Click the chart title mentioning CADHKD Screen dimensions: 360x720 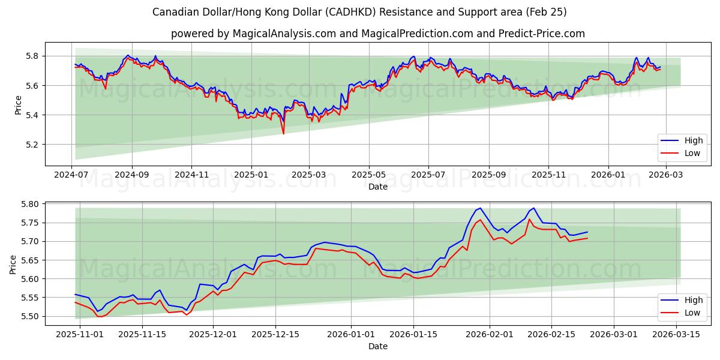(x=359, y=12)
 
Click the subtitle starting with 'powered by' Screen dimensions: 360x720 (x=377, y=34)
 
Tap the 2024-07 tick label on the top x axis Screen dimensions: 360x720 (x=72, y=175)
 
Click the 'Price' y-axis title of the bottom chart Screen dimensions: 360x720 (x=13, y=264)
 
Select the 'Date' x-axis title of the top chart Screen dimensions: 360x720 (x=377, y=187)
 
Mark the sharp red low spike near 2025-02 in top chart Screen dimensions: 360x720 (x=283, y=133)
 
